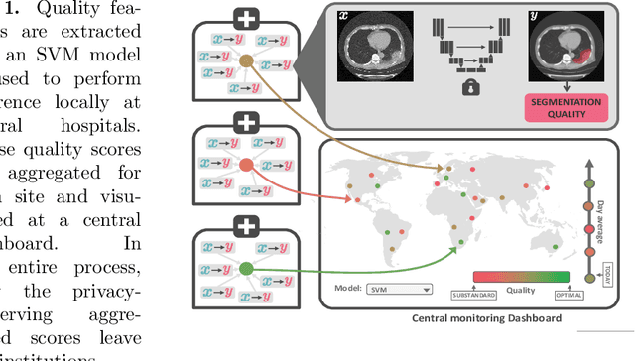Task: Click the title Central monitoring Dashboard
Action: (473, 318)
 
